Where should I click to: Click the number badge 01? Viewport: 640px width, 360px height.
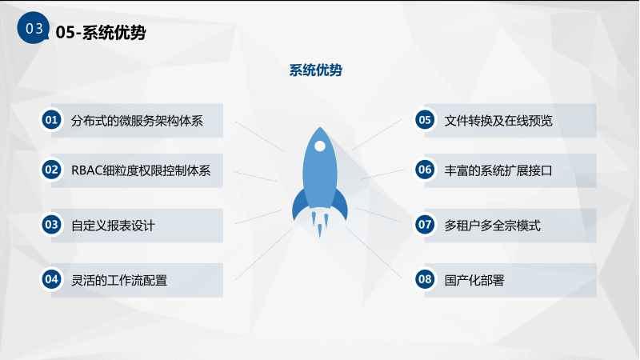point(51,120)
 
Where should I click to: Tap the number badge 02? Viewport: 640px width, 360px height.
point(51,170)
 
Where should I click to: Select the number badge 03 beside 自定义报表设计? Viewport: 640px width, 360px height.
point(51,225)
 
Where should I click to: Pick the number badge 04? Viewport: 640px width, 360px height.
point(51,279)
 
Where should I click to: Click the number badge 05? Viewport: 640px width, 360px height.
point(425,120)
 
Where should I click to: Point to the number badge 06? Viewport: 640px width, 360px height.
point(425,170)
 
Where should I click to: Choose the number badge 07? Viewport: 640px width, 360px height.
point(425,225)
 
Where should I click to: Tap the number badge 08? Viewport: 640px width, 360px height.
point(425,279)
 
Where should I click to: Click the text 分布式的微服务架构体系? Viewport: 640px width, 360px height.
point(137,121)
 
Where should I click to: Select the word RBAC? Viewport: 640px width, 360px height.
point(87,170)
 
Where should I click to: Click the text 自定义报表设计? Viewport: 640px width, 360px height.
point(113,226)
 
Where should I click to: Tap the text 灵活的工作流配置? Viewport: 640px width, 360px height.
point(119,281)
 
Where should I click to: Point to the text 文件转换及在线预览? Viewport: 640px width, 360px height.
point(498,121)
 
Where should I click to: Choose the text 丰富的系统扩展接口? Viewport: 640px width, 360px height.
point(498,170)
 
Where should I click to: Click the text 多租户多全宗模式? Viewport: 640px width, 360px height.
point(492,226)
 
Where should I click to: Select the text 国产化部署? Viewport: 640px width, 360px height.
point(474,281)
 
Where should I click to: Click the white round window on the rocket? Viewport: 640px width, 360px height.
point(320,146)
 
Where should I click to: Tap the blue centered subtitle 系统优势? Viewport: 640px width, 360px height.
point(315,70)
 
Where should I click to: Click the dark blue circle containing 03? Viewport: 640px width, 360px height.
point(33,28)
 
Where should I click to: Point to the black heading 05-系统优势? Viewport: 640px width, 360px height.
point(101,32)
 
